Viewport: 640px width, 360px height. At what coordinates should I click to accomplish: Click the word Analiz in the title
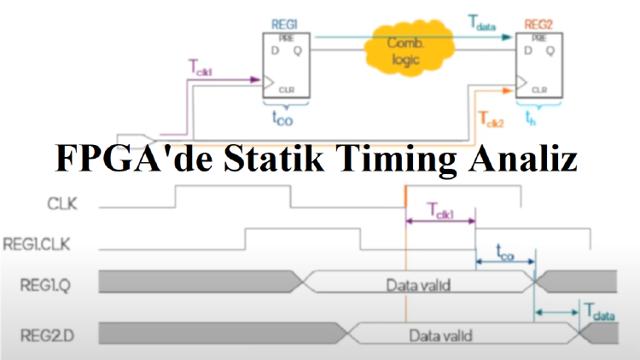click(x=526, y=160)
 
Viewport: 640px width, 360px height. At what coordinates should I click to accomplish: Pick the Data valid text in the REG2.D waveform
click(x=440, y=333)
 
